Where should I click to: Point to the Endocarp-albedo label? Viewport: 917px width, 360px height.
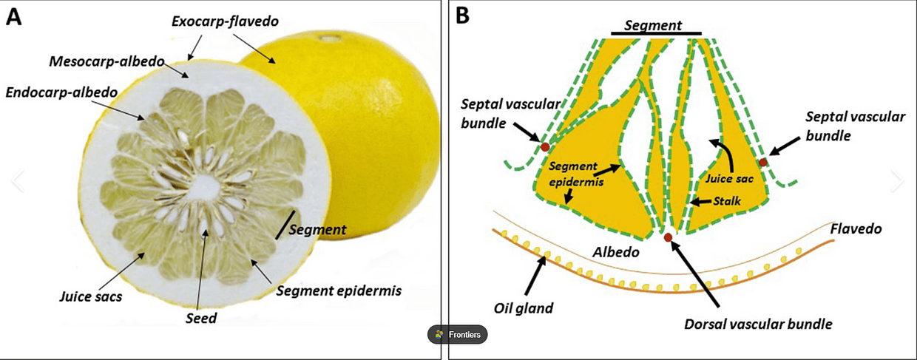60,92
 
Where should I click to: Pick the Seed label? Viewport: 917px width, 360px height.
201,319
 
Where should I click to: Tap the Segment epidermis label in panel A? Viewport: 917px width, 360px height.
339,291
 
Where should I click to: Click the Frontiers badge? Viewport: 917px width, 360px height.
457,335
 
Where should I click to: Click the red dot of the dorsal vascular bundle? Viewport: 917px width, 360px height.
668,237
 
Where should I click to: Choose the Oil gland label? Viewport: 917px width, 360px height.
523,308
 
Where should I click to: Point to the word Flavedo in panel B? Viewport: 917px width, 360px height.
856,228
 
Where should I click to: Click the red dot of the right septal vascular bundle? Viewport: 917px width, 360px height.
763,162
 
